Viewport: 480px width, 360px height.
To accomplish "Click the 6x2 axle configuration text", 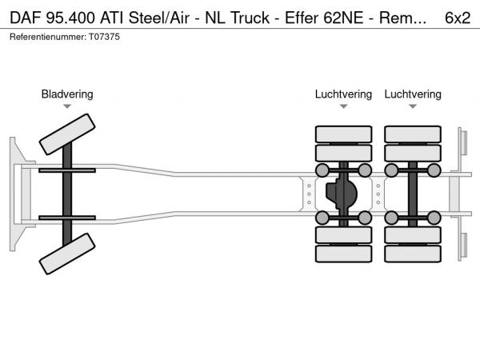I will [x=457, y=16].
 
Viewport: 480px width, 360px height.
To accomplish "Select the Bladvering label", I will [x=67, y=94].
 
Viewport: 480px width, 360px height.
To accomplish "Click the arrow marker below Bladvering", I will [x=67, y=106].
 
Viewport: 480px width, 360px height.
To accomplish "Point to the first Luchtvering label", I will [x=343, y=94].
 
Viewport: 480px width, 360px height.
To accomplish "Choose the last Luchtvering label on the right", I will [x=413, y=94].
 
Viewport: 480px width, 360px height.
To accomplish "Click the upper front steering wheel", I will [x=67, y=134].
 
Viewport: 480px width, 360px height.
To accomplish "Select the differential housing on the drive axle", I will [x=343, y=194].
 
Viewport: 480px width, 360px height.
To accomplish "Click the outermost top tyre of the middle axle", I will [x=343, y=134].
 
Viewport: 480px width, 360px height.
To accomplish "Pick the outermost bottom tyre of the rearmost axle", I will [x=413, y=254].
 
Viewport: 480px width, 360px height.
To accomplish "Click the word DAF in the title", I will [x=25, y=16].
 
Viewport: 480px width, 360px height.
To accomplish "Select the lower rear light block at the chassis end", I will [x=462, y=246].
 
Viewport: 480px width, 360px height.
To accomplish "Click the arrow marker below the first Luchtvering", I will [x=343, y=106].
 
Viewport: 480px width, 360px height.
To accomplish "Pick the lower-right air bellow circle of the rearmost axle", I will [x=434, y=218].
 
